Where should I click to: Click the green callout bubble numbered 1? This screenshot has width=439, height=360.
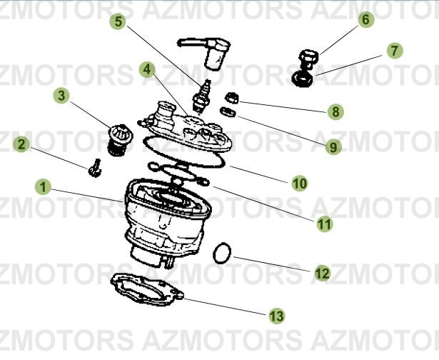[44, 188]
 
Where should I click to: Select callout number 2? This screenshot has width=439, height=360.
[22, 145]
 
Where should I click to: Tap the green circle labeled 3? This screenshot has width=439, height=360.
[62, 95]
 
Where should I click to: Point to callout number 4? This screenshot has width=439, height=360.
[147, 69]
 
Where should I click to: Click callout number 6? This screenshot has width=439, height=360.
[365, 20]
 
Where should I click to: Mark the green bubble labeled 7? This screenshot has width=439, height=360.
[393, 51]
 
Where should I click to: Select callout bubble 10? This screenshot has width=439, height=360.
[300, 184]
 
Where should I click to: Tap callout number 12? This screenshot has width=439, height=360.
[322, 272]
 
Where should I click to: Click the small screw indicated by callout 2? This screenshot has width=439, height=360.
[94, 169]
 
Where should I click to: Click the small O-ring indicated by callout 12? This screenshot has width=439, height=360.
[224, 251]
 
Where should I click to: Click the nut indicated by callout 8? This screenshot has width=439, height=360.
[232, 98]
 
